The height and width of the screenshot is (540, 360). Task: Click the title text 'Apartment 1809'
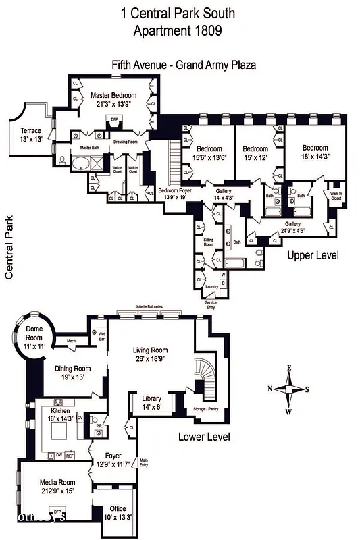(x=180, y=30)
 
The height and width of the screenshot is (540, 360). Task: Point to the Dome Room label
(x=30, y=331)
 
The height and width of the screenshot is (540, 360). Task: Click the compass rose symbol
(x=289, y=389)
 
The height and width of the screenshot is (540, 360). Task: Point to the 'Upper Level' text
(x=313, y=256)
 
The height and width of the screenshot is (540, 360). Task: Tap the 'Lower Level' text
(x=204, y=437)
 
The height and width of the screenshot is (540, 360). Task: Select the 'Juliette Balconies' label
(x=149, y=306)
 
